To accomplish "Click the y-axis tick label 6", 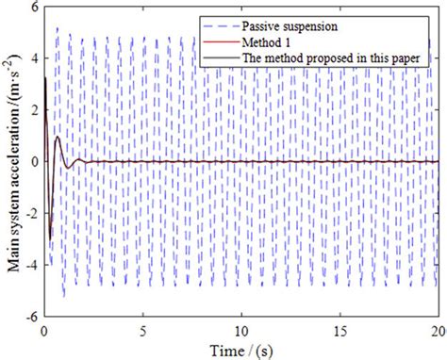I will click(x=33, y=7).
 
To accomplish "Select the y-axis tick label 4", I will click(x=33, y=57).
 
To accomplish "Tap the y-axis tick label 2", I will click(x=33, y=109).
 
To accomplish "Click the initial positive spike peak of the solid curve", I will click(x=45, y=77).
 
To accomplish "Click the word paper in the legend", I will click(x=412, y=57).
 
